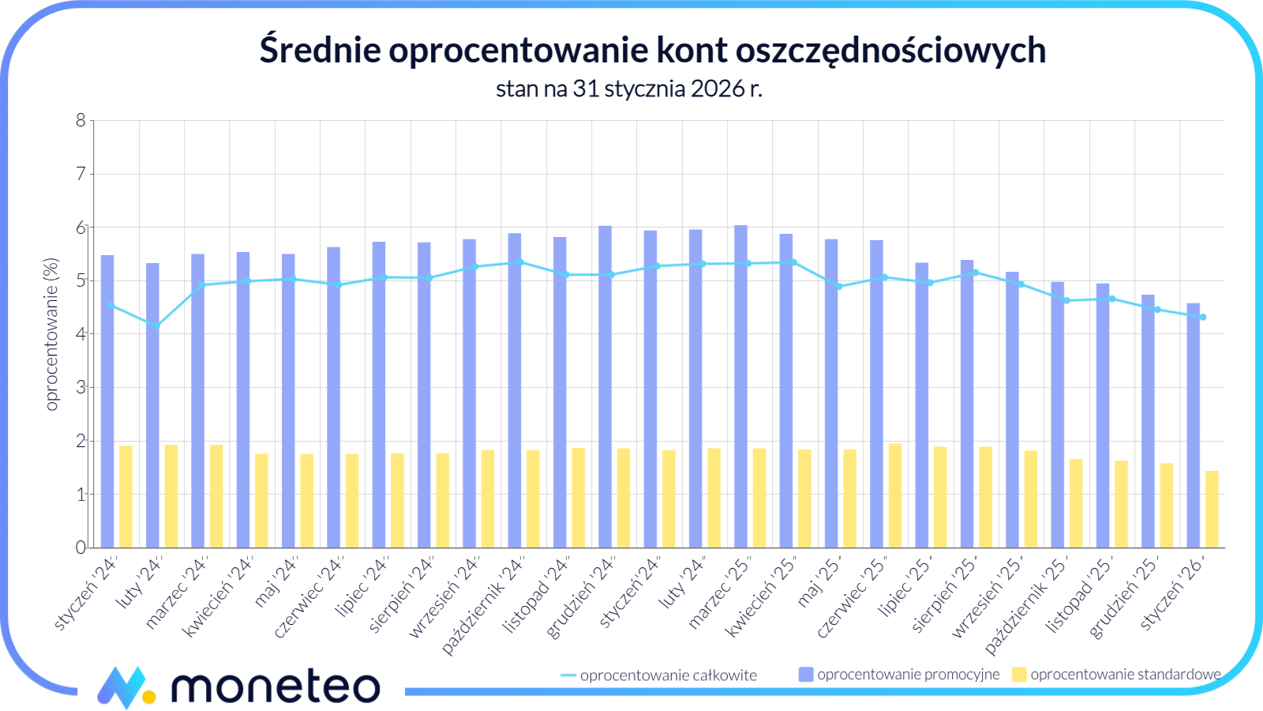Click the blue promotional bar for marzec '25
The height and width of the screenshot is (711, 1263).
tap(740, 387)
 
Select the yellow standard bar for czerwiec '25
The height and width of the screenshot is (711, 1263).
tap(895, 496)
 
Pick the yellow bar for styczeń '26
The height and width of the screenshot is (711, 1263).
tap(1212, 510)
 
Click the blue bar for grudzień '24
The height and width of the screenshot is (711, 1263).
tap(605, 387)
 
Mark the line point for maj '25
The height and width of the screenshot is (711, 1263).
tap(839, 287)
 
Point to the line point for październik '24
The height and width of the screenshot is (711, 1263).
tap(519, 261)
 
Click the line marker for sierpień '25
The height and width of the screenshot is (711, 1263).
tap(976, 273)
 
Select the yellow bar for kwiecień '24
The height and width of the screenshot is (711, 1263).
tap(261, 501)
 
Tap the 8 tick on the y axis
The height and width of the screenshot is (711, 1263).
tap(81, 121)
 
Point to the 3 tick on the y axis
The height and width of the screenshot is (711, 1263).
tap(81, 388)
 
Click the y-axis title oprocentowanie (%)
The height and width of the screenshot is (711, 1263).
tap(52, 334)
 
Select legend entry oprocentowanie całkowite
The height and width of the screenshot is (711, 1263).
tap(668, 675)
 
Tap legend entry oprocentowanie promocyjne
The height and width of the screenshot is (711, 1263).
tap(908, 675)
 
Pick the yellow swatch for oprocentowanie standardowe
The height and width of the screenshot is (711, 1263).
tap(1019, 675)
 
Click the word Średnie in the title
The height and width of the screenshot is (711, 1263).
tap(320, 50)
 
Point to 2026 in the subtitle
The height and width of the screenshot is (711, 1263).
tap(718, 88)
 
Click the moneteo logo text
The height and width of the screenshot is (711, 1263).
tap(276, 686)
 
